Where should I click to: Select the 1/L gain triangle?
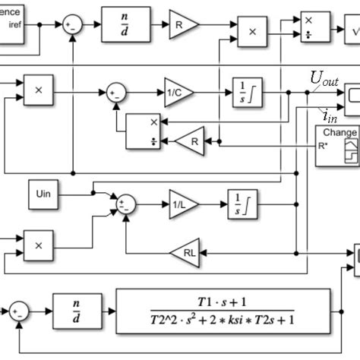pyautogui.click(x=182, y=204)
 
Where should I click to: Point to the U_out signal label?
pyautogui.click(x=324, y=79)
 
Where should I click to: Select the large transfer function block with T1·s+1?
pyautogui.click(x=223, y=310)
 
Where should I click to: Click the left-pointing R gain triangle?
pyautogui.click(x=189, y=141)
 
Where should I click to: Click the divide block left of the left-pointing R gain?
pyautogui.click(x=145, y=131)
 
